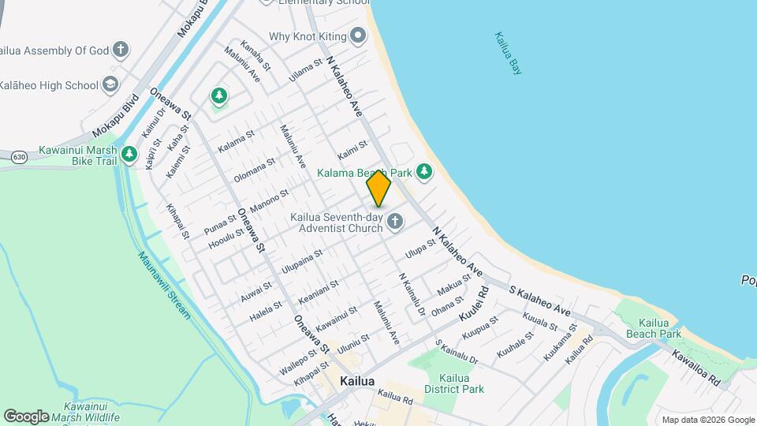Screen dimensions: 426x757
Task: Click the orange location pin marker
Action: pyautogui.click(x=378, y=189)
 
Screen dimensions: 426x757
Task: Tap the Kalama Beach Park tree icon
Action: pyautogui.click(x=424, y=171)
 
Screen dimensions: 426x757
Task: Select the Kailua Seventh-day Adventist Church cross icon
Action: pyautogui.click(x=395, y=223)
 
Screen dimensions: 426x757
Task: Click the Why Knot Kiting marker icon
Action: pyautogui.click(x=359, y=35)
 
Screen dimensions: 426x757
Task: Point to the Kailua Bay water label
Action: pyautogui.click(x=509, y=53)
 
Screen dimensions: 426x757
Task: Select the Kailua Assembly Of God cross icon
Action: pyautogui.click(x=121, y=50)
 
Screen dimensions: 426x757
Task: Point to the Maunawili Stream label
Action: pyautogui.click(x=164, y=285)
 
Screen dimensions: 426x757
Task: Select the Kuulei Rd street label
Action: pyautogui.click(x=474, y=303)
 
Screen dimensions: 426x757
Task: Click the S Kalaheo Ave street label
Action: pyautogui.click(x=539, y=301)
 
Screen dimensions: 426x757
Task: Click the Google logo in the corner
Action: pyautogui.click(x=26, y=416)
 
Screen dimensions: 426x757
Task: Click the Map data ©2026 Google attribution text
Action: pyautogui.click(x=707, y=420)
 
